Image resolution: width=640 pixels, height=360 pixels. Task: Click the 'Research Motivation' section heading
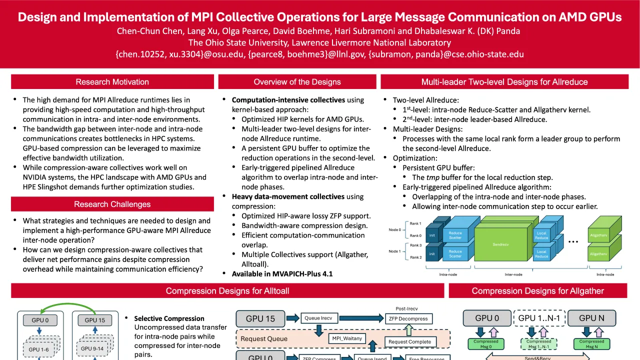[x=112, y=82]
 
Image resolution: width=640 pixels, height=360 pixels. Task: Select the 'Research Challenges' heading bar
[x=112, y=204]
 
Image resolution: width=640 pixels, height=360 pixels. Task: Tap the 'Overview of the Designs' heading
[x=297, y=82]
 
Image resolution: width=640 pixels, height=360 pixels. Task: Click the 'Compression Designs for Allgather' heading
[x=537, y=291]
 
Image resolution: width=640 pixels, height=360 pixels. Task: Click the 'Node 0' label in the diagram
[x=394, y=230]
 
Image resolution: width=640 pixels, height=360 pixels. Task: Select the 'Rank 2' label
[x=415, y=257]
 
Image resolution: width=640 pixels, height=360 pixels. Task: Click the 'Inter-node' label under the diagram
[x=513, y=274]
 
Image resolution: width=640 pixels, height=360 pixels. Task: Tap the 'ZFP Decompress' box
[x=408, y=318]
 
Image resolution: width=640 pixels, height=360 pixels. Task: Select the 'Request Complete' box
[x=409, y=342]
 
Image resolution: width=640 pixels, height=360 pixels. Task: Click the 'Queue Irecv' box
[x=318, y=318]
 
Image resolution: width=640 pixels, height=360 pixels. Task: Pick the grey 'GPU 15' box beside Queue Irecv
[x=260, y=318]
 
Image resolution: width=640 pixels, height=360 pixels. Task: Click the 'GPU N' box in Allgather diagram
[x=591, y=318]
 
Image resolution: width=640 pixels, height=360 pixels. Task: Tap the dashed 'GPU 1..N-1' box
[x=539, y=318]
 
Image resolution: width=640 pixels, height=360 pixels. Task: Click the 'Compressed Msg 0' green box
[x=486, y=344]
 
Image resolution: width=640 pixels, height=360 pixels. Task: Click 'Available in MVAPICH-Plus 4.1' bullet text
[x=282, y=274]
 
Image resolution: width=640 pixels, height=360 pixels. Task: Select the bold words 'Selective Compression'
[x=169, y=318]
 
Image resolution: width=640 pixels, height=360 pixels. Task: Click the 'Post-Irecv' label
[x=406, y=309]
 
